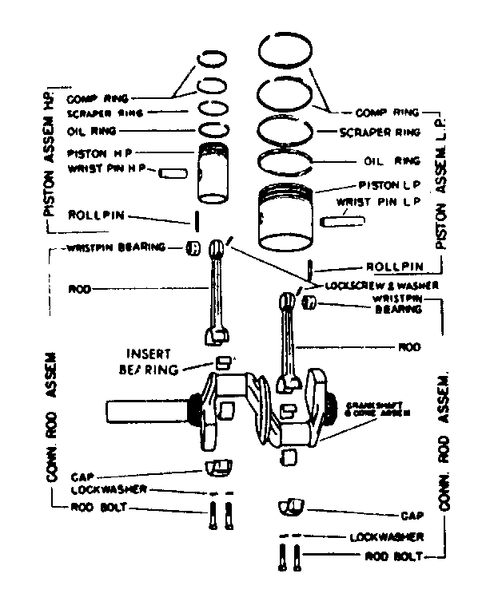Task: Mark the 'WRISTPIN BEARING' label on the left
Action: tap(110, 247)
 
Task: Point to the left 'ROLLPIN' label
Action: tap(95, 215)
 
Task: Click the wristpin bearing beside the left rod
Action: tap(192, 248)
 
